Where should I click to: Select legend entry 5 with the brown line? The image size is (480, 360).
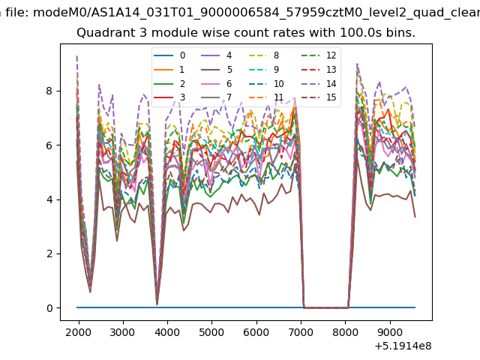[217, 70]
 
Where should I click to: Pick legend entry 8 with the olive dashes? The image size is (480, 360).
[264, 55]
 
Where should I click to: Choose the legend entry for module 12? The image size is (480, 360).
[317, 55]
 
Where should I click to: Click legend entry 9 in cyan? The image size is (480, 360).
[264, 70]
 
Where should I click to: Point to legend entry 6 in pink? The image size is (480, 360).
[217, 83]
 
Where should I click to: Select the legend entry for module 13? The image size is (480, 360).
[317, 70]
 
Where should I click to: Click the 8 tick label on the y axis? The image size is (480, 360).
[49, 91]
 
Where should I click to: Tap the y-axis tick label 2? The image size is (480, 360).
[49, 253]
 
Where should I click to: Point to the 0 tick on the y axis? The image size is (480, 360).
[49, 308]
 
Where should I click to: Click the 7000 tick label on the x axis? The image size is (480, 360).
[301, 332]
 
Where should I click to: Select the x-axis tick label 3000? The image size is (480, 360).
[123, 332]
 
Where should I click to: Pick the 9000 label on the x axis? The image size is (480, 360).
[390, 332]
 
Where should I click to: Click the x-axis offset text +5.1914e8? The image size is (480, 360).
[403, 346]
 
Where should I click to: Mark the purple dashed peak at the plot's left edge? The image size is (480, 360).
[76, 56]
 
